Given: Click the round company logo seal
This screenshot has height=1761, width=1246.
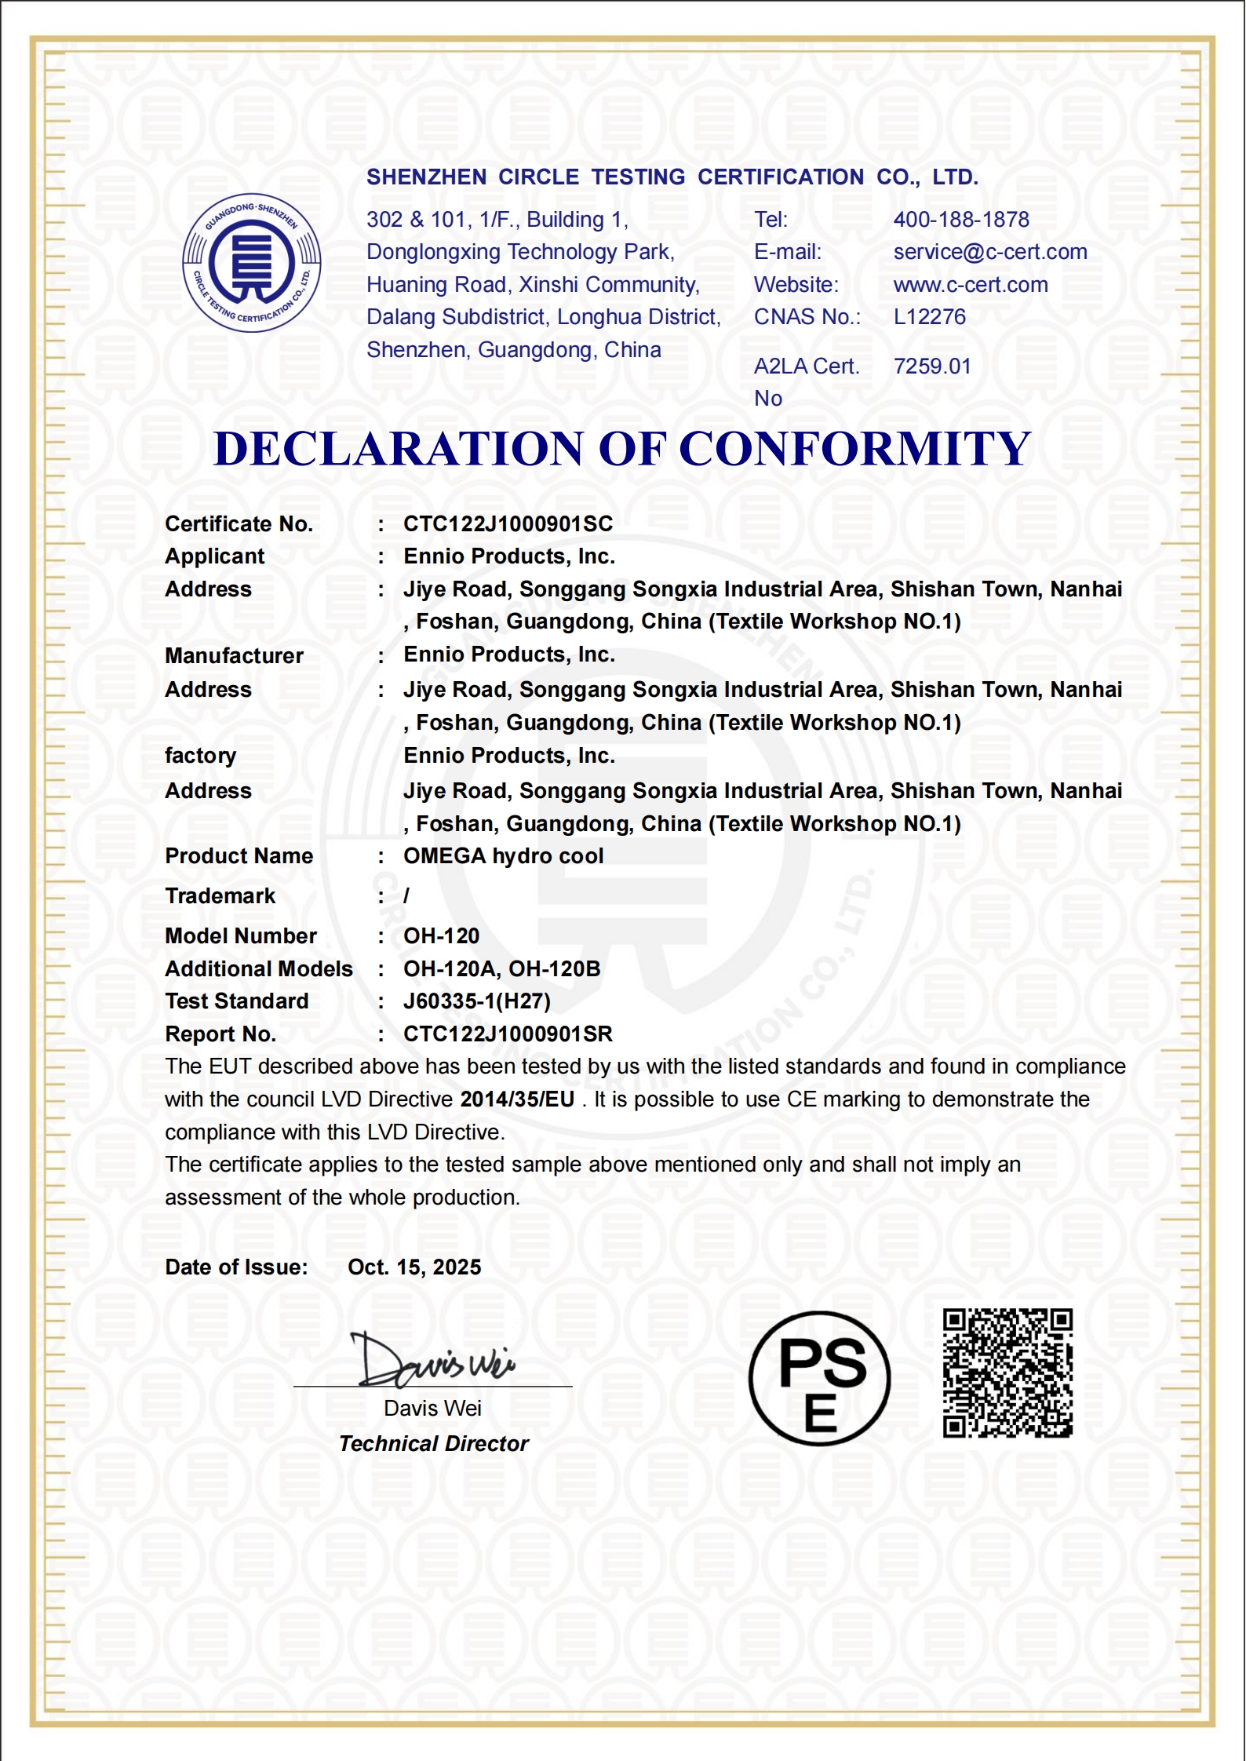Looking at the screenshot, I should (x=252, y=263).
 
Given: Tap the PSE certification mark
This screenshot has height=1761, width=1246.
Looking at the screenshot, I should (x=819, y=1378).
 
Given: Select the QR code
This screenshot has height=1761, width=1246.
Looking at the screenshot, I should (x=1007, y=1373).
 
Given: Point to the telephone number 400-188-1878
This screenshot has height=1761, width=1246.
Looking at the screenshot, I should (x=961, y=220).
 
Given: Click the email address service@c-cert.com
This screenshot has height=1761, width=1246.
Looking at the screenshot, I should (x=990, y=252).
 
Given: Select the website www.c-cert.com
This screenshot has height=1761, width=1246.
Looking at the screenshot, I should (x=971, y=285).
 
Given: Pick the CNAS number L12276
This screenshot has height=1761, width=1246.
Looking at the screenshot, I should (x=930, y=317).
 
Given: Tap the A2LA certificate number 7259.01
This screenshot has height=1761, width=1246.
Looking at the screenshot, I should (x=932, y=366).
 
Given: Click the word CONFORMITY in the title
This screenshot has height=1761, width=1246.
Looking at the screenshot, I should (x=854, y=450).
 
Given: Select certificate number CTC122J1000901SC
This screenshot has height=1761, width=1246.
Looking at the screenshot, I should (x=508, y=524).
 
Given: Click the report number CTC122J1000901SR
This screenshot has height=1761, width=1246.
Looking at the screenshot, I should (x=508, y=1034).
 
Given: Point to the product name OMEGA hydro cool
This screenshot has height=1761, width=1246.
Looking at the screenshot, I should (x=504, y=856).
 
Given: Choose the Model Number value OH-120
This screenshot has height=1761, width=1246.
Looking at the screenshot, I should (x=442, y=936).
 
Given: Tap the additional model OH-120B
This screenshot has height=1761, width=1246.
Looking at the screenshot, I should (x=555, y=969).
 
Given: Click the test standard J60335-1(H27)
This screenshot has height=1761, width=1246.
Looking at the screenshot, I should (x=477, y=1001).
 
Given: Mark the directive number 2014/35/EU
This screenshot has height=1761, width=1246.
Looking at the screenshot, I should (x=517, y=1099).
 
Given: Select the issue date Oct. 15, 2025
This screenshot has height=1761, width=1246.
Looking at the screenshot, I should (x=414, y=1267).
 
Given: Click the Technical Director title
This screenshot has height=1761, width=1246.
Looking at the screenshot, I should (x=434, y=1444).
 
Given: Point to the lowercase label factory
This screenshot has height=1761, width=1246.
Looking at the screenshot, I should (x=200, y=756).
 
